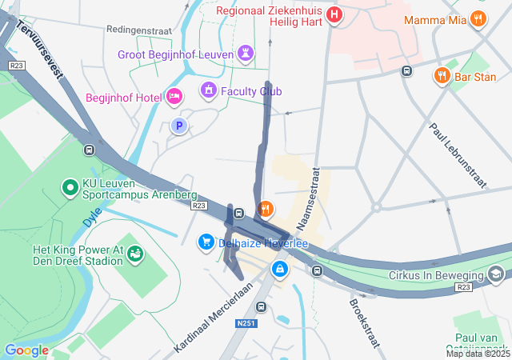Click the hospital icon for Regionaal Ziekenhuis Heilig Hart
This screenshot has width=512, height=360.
click(334, 14)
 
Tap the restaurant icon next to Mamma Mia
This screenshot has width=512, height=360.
click(479, 18)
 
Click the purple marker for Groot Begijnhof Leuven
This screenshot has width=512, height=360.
click(246, 54)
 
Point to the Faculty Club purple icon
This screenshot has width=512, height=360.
click(208, 90)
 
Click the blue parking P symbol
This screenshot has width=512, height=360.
click(180, 126)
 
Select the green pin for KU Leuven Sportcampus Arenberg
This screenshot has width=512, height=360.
click(70, 188)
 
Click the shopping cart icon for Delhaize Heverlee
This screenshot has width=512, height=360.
click(206, 242)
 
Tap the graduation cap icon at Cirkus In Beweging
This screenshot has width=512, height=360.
click(497, 274)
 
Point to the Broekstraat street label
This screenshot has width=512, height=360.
click(363, 324)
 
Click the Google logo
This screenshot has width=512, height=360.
click(26, 350)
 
